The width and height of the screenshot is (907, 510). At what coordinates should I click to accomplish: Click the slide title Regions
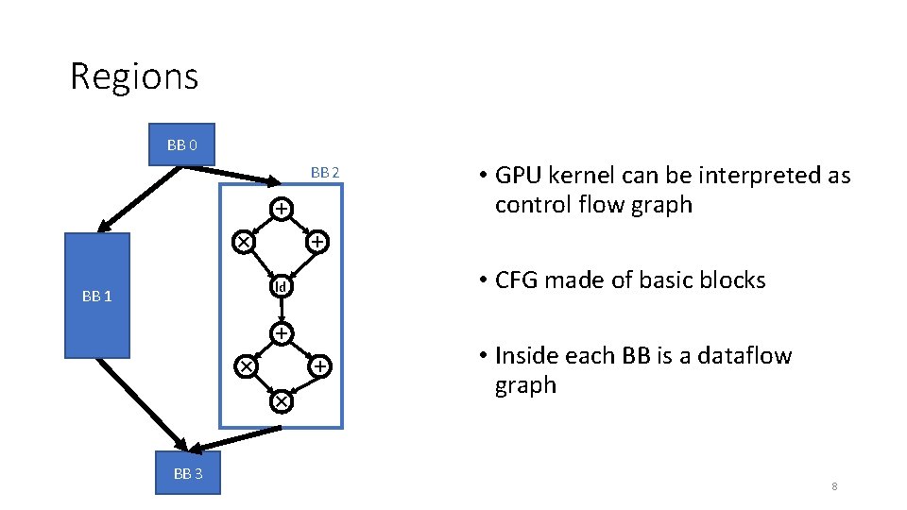point(134,76)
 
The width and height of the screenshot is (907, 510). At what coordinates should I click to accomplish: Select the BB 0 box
point(181,144)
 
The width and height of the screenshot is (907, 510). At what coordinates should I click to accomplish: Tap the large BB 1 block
point(96,296)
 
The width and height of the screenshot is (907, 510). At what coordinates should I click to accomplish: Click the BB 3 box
point(187,473)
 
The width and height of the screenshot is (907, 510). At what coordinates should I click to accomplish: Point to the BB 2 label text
point(324,173)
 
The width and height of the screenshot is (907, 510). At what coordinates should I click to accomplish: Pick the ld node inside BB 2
point(281,286)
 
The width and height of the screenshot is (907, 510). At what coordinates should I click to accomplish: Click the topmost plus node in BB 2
point(281,208)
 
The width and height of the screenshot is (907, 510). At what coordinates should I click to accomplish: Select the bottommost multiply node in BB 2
point(281,402)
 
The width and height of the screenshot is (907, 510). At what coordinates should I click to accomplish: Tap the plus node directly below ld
point(281,333)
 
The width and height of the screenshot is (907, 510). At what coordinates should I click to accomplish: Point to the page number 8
point(834,486)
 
